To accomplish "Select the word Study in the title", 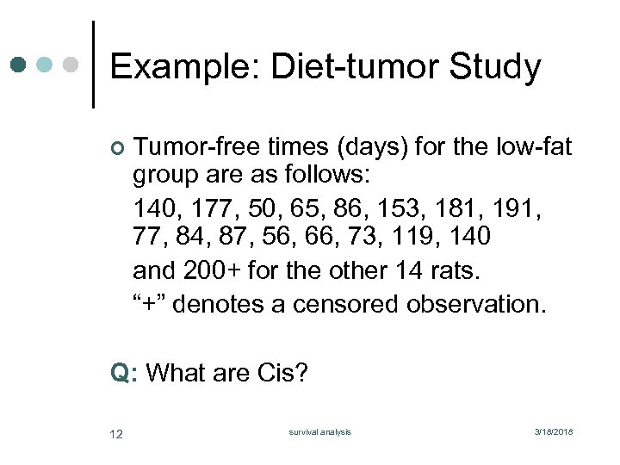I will [x=497, y=67].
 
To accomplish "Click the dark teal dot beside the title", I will [x=19, y=65].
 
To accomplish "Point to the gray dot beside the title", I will [x=71, y=65].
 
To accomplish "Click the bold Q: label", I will [x=125, y=373].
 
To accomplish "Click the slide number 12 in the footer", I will [x=116, y=433].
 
